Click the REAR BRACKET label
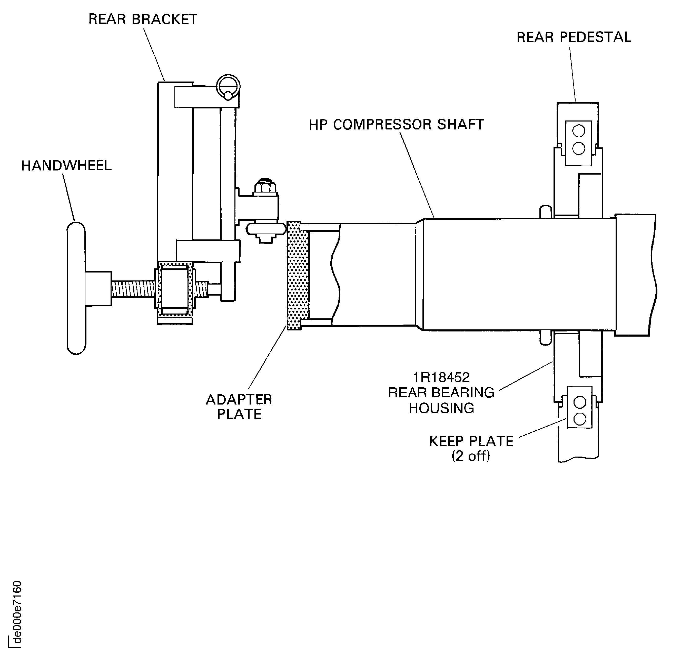click(x=143, y=19)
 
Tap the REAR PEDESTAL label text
click(x=574, y=37)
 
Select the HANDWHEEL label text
click(x=66, y=166)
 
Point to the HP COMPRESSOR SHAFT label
click(x=396, y=125)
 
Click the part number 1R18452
click(x=441, y=377)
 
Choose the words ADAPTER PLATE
click(x=239, y=407)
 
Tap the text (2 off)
click(x=471, y=456)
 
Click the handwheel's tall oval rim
click(x=76, y=288)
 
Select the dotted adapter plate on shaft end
click(x=294, y=275)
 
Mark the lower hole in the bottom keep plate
click(x=579, y=419)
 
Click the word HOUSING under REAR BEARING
click(x=441, y=408)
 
